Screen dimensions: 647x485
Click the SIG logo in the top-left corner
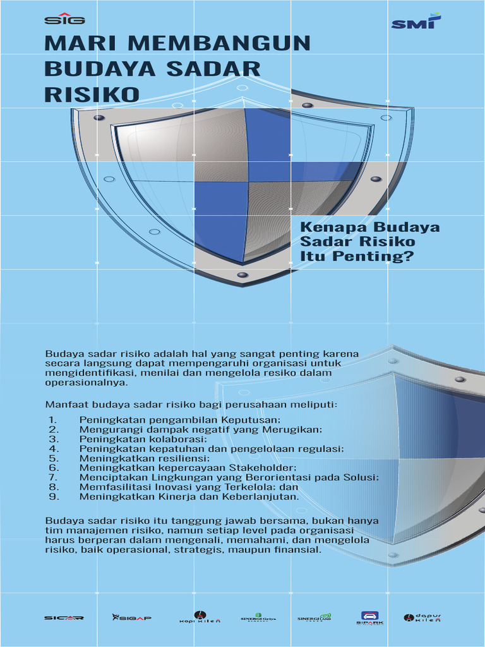click(64, 18)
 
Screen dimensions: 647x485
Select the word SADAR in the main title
click(220, 68)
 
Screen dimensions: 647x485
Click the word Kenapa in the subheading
click(334, 227)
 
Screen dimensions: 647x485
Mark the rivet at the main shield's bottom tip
click(242, 275)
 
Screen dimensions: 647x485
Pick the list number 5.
click(54, 458)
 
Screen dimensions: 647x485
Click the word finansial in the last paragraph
click(297, 550)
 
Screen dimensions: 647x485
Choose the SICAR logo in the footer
click(64, 617)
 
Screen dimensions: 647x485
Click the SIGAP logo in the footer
click(131, 617)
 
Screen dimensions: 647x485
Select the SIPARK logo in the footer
click(369, 618)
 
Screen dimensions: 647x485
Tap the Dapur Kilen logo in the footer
click(422, 617)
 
